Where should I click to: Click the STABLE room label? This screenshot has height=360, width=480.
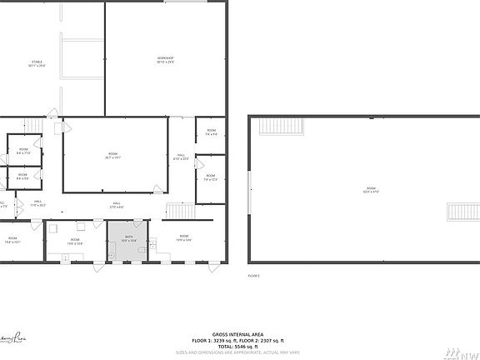coord(37,62)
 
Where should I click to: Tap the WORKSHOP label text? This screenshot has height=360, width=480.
coord(165,59)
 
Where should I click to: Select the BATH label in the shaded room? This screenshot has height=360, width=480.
coord(129,237)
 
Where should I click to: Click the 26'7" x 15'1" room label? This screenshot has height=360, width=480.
coord(112,156)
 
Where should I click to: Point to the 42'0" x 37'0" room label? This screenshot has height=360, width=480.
coord(371,190)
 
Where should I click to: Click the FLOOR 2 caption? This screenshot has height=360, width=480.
coord(253,275)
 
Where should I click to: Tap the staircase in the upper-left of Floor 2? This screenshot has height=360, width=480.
coord(282,126)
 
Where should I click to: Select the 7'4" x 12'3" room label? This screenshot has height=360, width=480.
coord(211,177)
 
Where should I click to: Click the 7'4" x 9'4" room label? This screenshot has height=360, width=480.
coord(212,132)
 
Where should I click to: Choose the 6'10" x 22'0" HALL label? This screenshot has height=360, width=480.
coord(181,157)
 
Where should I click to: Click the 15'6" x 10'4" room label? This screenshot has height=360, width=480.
coord(74,242)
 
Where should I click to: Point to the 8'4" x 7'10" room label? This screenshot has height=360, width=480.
coord(23,151)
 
